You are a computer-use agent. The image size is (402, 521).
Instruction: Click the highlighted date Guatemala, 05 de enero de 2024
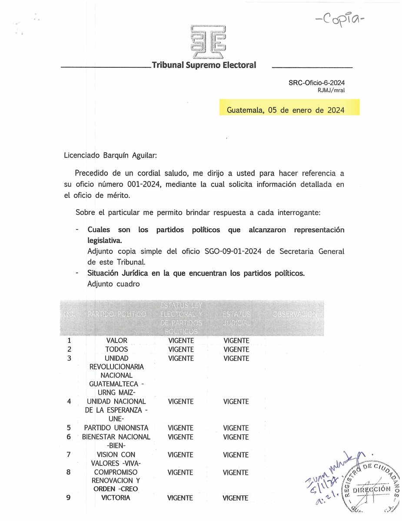286,110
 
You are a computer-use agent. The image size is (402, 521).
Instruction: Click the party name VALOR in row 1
116,341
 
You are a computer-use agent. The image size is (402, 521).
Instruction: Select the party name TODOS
116,350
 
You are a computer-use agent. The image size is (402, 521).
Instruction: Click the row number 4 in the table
69,402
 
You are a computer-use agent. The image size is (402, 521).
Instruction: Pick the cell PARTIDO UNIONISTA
116,428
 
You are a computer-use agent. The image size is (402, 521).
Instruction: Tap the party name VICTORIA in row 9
116,498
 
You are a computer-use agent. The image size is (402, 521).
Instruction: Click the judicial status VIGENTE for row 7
236,455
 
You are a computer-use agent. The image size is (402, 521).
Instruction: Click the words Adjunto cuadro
113,284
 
